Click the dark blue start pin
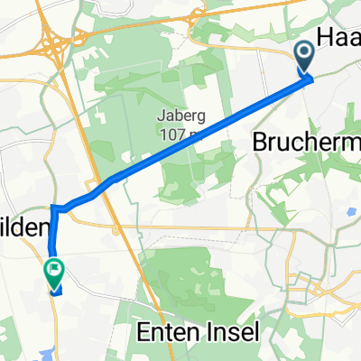[x=303, y=58]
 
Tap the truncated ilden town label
[x=23, y=230]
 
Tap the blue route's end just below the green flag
[x=55, y=291]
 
